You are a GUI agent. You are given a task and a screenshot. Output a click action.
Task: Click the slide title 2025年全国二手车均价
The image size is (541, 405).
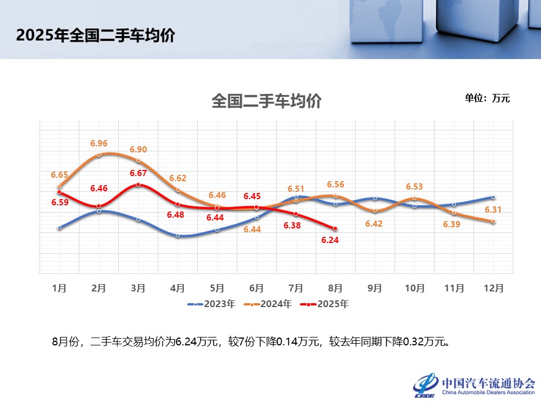tap(96, 35)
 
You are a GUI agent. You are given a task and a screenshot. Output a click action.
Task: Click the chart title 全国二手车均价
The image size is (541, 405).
tap(267, 101)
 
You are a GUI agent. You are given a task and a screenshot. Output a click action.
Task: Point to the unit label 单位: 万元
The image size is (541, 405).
tap(487, 98)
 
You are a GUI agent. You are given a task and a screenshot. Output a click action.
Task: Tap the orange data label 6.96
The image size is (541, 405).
tap(99, 143)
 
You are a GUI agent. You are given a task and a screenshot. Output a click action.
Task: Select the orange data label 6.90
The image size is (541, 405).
tap(138, 150)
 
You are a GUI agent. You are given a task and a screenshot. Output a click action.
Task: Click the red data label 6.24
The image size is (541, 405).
tap(335, 240)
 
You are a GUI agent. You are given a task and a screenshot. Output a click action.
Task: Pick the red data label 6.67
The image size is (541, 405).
tap(138, 173)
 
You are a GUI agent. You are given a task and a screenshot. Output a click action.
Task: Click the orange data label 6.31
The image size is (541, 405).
tap(493, 210)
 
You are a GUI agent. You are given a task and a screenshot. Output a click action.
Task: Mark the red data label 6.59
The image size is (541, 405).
tap(59, 202)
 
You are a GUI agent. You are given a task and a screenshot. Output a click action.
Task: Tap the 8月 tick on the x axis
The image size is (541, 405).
tap(335, 288)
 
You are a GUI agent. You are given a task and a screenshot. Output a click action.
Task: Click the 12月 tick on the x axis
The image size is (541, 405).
tap(493, 288)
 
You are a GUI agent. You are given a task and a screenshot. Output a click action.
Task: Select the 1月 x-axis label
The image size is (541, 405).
tap(59, 288)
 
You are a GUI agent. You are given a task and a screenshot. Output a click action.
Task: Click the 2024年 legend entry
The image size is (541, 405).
tap(268, 304)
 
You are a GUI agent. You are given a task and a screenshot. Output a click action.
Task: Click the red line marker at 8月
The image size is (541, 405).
tap(335, 228)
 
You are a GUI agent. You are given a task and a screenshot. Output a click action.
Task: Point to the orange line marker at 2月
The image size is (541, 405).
tap(99, 155)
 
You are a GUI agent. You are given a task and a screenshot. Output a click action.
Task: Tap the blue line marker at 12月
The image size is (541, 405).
tap(493, 197)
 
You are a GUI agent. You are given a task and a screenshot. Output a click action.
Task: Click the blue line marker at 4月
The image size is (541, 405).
tap(178, 236)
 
